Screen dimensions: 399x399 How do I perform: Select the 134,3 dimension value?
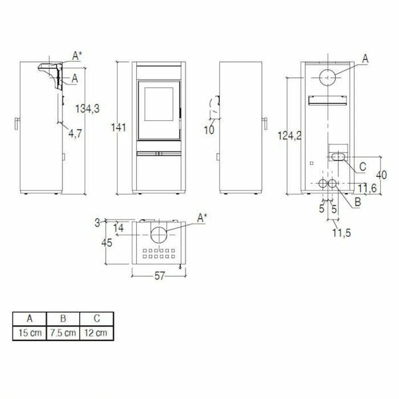tap(87, 108)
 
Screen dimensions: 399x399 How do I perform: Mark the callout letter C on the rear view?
tap(362, 166)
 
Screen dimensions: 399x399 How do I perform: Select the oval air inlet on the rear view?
tap(336, 157)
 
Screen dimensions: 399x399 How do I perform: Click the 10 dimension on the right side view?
tap(210, 130)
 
